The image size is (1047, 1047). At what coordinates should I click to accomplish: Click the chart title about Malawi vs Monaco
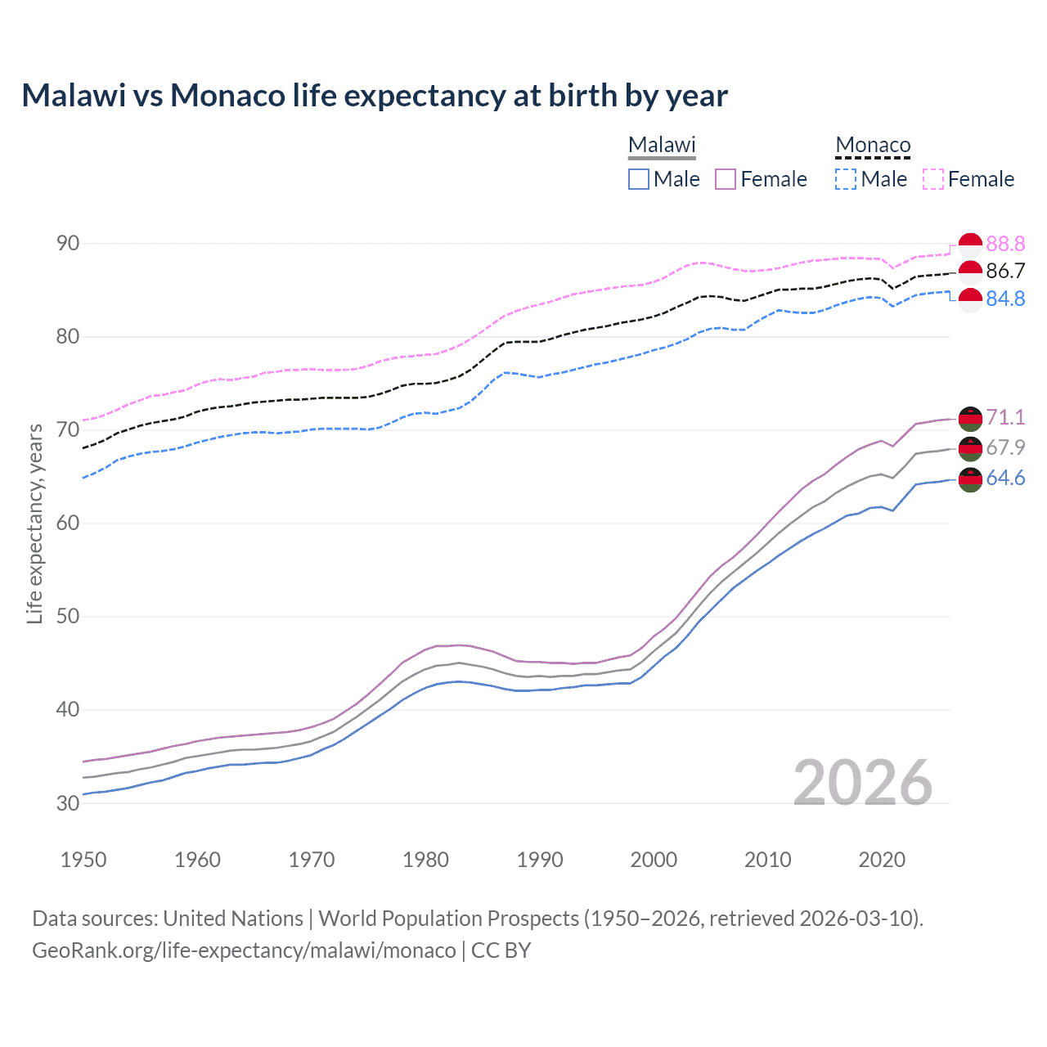click(x=375, y=96)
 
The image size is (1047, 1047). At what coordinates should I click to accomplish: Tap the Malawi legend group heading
click(x=662, y=146)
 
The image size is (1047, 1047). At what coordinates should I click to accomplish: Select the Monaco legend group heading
click(x=873, y=146)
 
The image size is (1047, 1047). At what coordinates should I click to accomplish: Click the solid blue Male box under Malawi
click(x=639, y=179)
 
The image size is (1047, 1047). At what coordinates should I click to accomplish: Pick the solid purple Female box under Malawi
click(x=726, y=179)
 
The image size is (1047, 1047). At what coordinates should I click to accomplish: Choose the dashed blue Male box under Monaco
click(x=846, y=179)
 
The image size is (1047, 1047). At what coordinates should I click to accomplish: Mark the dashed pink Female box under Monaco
click(x=933, y=179)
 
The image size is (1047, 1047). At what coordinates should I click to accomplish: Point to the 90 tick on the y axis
click(x=68, y=244)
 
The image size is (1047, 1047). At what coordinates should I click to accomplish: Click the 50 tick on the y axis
click(x=68, y=616)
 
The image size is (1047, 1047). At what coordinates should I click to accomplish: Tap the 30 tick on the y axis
click(x=68, y=803)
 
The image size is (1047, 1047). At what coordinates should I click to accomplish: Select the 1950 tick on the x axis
click(x=83, y=860)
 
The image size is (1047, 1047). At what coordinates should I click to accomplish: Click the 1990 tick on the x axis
click(x=540, y=860)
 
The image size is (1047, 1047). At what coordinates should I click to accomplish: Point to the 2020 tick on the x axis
click(x=882, y=860)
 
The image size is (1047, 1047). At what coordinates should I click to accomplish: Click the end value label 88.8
click(x=1005, y=244)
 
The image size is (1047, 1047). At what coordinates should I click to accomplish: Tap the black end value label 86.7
click(x=1005, y=272)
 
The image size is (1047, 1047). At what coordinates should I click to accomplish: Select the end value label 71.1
click(x=1005, y=417)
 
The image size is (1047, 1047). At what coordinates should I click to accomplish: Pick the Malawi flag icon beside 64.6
click(x=970, y=479)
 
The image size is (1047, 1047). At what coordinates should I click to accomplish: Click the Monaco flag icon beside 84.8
click(x=970, y=300)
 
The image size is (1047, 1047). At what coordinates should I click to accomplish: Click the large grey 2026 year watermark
click(x=863, y=783)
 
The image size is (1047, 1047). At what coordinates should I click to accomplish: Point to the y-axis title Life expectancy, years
click(x=34, y=524)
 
